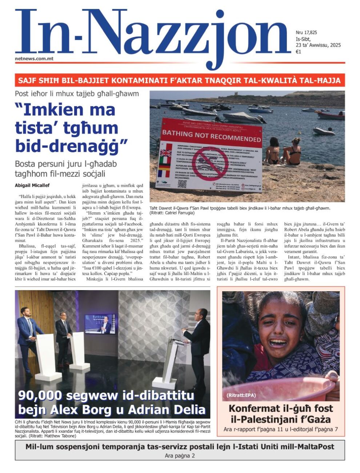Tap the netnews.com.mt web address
34,58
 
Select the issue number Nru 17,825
306,33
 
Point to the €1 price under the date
298,52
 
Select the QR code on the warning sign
182,184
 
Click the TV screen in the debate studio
100,324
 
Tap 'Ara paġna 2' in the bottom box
180,456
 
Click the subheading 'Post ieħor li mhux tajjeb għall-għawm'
77,94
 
